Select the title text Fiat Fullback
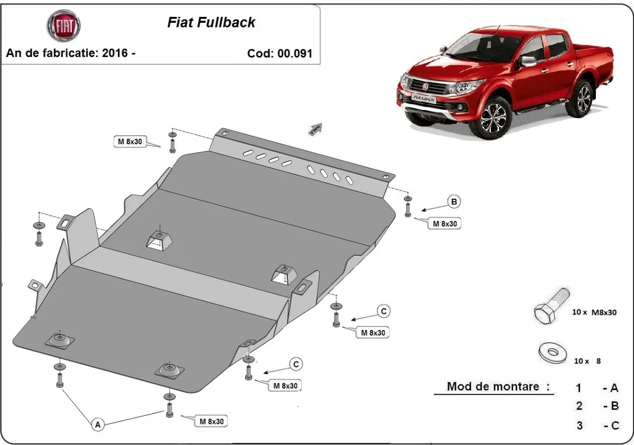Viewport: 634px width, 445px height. pyautogui.click(x=211, y=22)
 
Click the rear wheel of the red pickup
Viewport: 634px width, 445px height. pyautogui.click(x=584, y=99)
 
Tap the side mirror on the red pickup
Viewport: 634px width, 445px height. pyautogui.click(x=528, y=60)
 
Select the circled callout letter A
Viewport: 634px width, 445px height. pyautogui.click(x=97, y=423)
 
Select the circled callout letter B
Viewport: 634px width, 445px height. pyautogui.click(x=454, y=201)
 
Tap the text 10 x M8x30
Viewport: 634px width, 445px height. pyautogui.click(x=594, y=312)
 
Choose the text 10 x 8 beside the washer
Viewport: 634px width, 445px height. pyautogui.click(x=586, y=361)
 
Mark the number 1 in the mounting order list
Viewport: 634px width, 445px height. pyautogui.click(x=579, y=388)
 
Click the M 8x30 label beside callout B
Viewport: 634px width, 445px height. pyautogui.click(x=444, y=224)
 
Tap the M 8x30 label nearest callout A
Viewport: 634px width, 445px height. pyautogui.click(x=211, y=421)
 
